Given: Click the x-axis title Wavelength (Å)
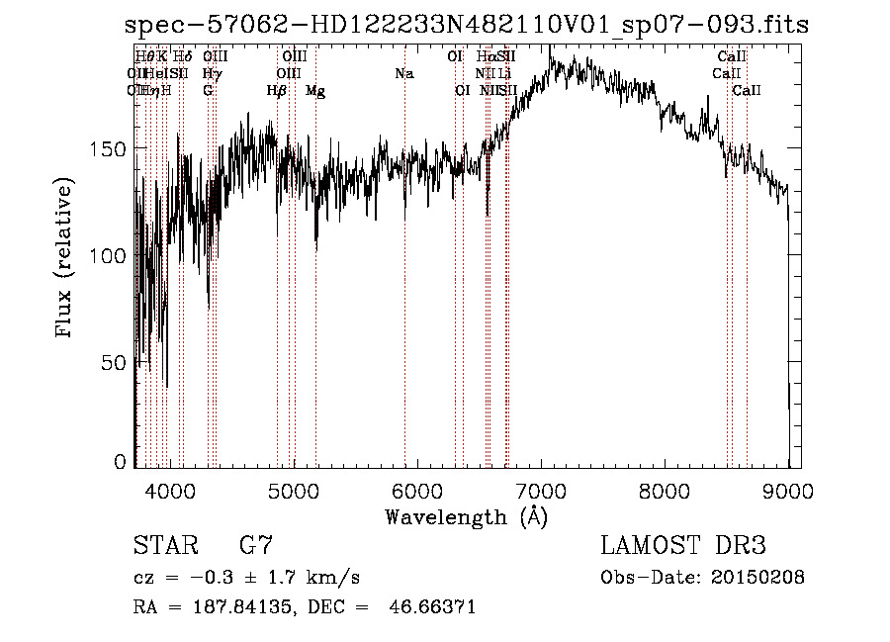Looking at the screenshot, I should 466,516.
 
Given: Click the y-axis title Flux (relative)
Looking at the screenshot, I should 66,260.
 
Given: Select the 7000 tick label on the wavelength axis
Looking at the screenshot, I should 541,490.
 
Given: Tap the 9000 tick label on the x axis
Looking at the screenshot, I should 788,490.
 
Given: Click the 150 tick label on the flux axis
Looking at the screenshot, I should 111,148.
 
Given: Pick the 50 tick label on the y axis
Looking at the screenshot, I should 117,362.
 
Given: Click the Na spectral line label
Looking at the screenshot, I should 403,74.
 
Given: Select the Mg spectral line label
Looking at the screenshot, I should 315,91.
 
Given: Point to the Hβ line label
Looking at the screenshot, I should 277,91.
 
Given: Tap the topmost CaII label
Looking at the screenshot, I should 733,57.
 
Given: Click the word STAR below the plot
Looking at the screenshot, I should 158,546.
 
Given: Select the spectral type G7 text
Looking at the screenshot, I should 256,546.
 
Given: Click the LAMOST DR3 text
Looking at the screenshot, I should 683,546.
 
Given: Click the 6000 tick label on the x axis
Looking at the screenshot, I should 417,490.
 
